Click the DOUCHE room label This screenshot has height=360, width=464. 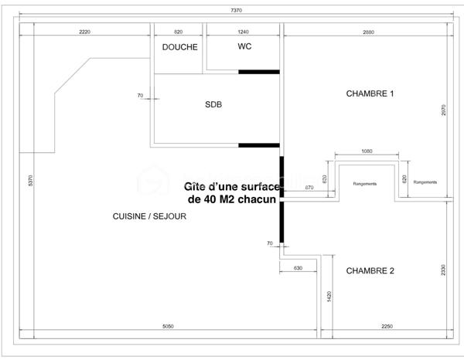pyautogui.click(x=179, y=47)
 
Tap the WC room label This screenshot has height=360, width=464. pyautogui.click(x=244, y=46)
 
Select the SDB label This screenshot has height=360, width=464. pyautogui.click(x=213, y=105)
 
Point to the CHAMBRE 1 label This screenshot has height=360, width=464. pyautogui.click(x=370, y=93)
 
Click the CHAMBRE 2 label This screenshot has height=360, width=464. pyautogui.click(x=370, y=270)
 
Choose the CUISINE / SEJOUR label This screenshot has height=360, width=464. pyautogui.click(x=149, y=217)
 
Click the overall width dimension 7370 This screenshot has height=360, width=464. pyautogui.click(x=237, y=10)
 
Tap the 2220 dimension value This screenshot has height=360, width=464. pyautogui.click(x=85, y=32)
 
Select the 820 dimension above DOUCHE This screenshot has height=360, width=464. pyautogui.click(x=178, y=32)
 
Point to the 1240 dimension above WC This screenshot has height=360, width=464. pyautogui.click(x=244, y=32)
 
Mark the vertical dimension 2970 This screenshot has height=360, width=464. pyautogui.click(x=443, y=110)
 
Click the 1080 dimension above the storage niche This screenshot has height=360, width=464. pyautogui.click(x=367, y=151)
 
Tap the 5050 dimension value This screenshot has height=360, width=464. pyautogui.click(x=169, y=327)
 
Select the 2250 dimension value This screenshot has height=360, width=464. pyautogui.click(x=387, y=327)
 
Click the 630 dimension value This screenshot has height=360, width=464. pyautogui.click(x=298, y=268)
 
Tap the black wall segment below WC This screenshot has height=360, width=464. pyautogui.click(x=258, y=72)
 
